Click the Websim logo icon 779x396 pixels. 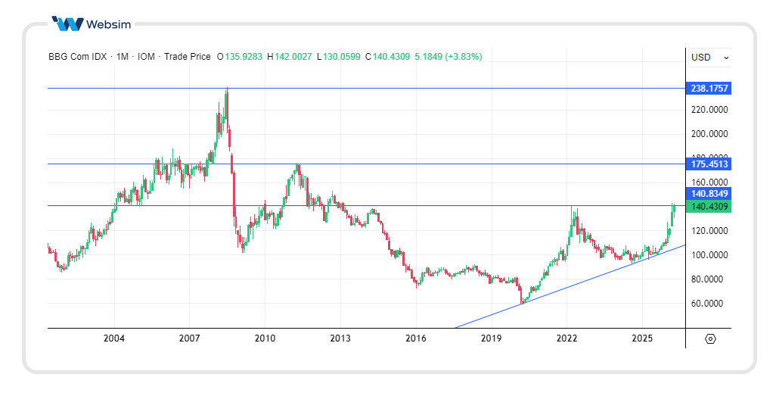pos(68,23)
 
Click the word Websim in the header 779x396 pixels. pos(109,24)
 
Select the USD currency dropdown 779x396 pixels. pos(709,57)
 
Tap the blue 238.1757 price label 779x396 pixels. pos(709,89)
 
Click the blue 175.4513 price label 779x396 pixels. pos(709,164)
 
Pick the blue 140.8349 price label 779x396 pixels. pos(709,194)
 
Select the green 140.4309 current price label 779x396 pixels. pos(709,206)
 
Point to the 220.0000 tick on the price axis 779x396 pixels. pos(709,110)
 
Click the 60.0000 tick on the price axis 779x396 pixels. pos(709,304)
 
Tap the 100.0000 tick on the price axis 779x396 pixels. pos(709,255)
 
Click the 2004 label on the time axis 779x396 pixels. pos(114,338)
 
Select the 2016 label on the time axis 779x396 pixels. pos(416,338)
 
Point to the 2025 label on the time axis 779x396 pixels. pos(642,338)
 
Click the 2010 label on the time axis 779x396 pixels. pos(265,338)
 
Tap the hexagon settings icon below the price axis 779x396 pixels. pos(709,338)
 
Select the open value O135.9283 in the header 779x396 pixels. pos(241,57)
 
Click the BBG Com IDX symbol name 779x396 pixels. pos(77,57)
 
